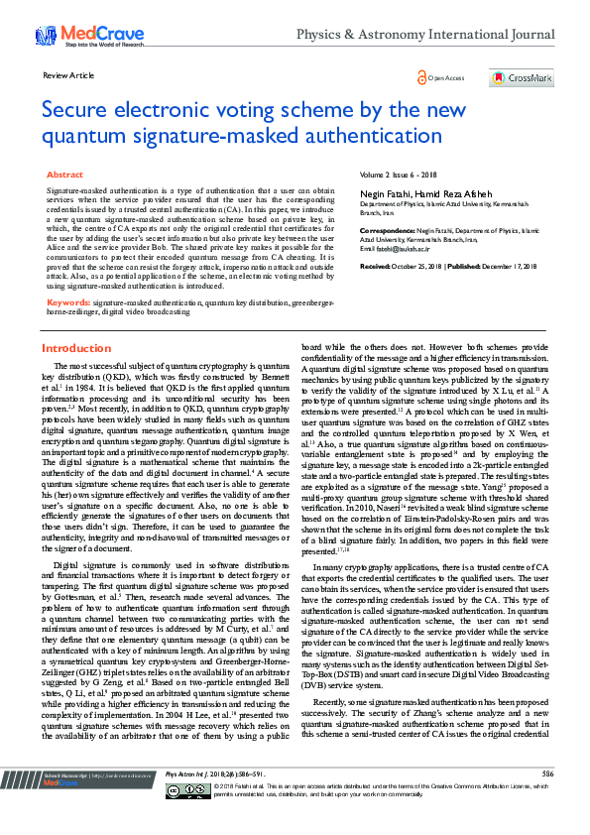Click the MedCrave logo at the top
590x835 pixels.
click(x=75, y=36)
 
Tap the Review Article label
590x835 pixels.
click(x=69, y=75)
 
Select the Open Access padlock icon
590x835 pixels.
click(x=422, y=76)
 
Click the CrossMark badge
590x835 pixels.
click(x=521, y=77)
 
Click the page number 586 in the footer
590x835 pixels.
click(x=547, y=799)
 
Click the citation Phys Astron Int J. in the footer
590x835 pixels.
click(x=185, y=800)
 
